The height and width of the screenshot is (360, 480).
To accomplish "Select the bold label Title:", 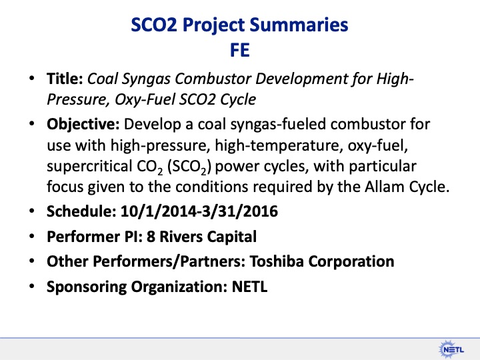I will [x=64, y=80].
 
